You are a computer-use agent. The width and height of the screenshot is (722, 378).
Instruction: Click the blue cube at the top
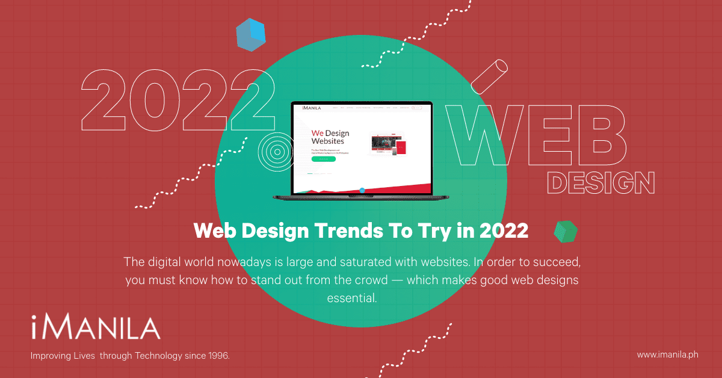(251, 34)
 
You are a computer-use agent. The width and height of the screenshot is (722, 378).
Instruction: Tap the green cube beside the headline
(565, 231)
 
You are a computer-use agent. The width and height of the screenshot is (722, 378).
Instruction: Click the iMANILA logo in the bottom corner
(96, 329)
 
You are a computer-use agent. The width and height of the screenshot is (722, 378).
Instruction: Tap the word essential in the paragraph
(352, 297)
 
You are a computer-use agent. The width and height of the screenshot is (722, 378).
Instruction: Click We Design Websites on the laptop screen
(330, 137)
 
